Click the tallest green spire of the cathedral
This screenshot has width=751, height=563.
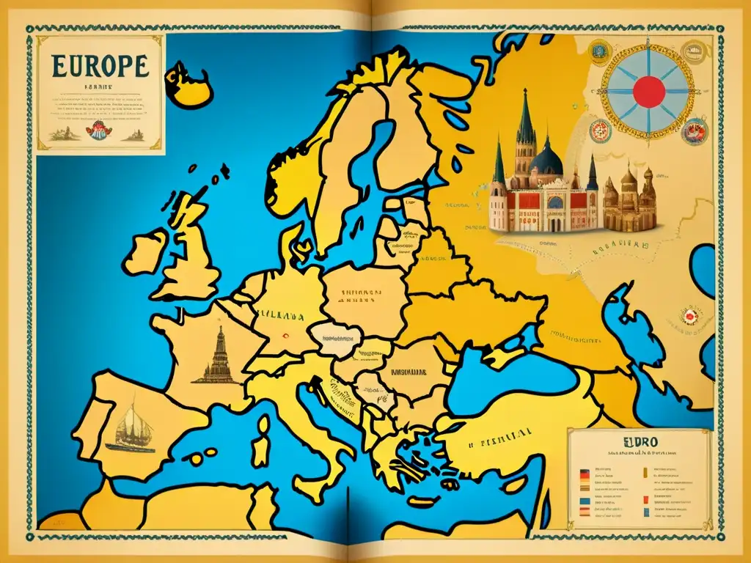coord(525,117)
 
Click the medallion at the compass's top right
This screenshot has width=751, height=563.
coord(692,51)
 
